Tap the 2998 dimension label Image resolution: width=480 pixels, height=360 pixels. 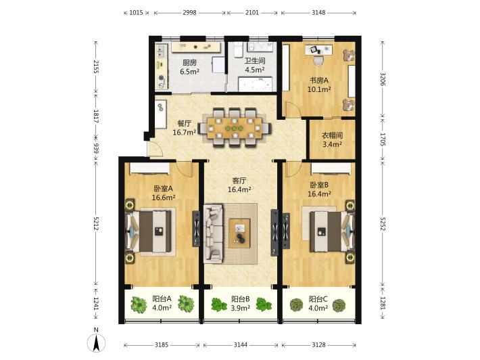189,13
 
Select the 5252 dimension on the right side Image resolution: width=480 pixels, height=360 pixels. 383,224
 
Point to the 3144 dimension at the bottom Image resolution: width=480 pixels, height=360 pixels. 241,345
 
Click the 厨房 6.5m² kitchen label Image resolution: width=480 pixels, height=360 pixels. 189,68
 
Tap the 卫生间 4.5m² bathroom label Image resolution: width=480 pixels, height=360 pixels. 255,65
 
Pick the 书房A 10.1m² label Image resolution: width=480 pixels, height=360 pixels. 319,85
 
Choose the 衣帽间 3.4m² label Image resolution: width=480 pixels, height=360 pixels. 332,139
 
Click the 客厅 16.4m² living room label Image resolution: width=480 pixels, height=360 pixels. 239,185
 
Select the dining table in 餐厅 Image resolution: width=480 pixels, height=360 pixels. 235,128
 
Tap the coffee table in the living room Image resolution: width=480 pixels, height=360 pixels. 239,233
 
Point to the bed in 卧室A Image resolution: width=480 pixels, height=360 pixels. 149,231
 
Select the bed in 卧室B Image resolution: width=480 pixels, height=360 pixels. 331,231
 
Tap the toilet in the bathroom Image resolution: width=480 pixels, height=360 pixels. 238,50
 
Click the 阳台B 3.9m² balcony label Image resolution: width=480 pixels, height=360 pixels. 241,303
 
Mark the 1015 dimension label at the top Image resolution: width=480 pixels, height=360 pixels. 136,13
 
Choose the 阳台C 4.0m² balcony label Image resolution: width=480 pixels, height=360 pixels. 318,303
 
